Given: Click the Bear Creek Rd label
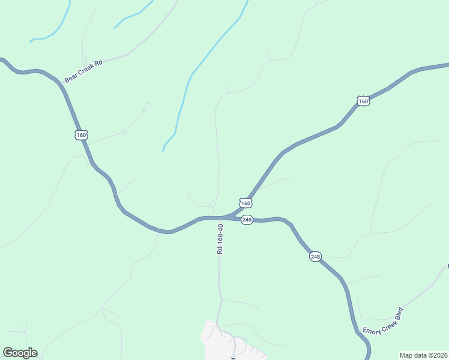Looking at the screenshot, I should coord(84,70).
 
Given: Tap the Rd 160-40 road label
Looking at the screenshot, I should coord(220,239).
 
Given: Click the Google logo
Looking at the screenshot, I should coord(20,353).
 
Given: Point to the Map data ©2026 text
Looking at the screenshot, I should coord(424,355).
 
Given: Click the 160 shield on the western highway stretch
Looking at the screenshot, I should coord(82,135).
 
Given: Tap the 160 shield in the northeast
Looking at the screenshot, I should coord(363,101).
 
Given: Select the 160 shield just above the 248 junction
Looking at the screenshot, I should coord(246,203).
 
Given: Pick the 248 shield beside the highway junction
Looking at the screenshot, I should coord(247,220).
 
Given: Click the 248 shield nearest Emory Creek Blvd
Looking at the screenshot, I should coord(315,257).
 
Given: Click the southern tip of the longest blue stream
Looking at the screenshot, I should coord(163,150).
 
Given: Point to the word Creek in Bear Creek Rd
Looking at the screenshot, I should coord(85,70).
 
